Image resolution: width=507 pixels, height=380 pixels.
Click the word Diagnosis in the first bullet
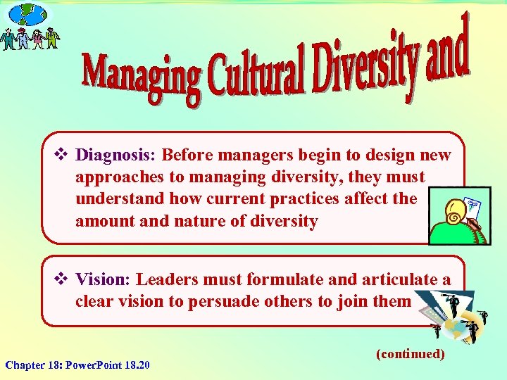tap(106, 154)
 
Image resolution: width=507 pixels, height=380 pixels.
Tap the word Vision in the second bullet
tap(99, 279)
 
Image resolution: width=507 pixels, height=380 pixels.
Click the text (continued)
tap(411, 353)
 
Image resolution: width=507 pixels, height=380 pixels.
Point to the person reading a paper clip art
tap(458, 217)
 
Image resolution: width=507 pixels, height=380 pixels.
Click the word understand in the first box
tap(115, 198)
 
